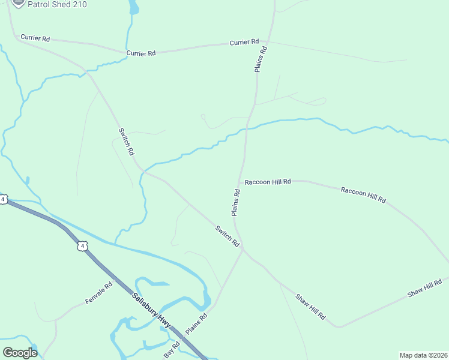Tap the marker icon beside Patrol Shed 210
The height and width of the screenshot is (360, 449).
click(17, 3)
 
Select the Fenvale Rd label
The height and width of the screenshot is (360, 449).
click(98, 293)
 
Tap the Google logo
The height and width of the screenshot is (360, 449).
click(20, 353)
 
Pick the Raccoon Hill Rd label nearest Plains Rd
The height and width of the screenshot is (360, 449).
click(268, 181)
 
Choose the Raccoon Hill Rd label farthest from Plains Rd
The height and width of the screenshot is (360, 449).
click(363, 194)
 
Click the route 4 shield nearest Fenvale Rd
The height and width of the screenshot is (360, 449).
click(82, 246)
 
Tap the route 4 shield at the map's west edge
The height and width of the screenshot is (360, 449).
click(3, 199)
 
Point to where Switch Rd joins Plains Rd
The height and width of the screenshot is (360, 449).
click(243, 250)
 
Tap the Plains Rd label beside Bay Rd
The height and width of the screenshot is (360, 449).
click(196, 324)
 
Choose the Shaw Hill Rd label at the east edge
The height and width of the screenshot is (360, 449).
click(424, 288)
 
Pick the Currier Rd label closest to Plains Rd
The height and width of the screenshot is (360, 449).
click(244, 43)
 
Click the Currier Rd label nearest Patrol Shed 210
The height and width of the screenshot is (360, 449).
click(35, 38)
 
